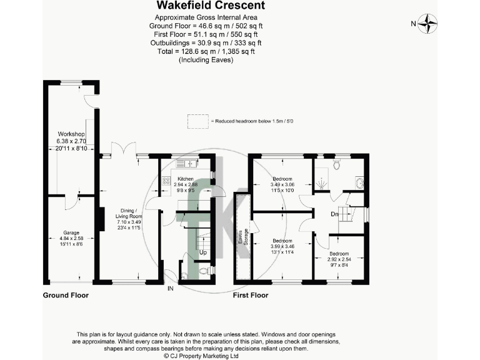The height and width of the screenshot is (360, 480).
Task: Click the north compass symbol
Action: pyautogui.click(x=428, y=24)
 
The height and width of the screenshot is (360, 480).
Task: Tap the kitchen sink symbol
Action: pyautogui.click(x=186, y=164)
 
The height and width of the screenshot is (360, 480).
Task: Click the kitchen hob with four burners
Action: pyautogui.click(x=167, y=181)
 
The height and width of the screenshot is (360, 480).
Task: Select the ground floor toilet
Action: pyautogui.click(x=203, y=271)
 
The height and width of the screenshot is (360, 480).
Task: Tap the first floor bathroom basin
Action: pyautogui.click(x=359, y=183)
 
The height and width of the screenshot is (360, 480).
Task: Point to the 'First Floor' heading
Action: pyautogui.click(x=251, y=295)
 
